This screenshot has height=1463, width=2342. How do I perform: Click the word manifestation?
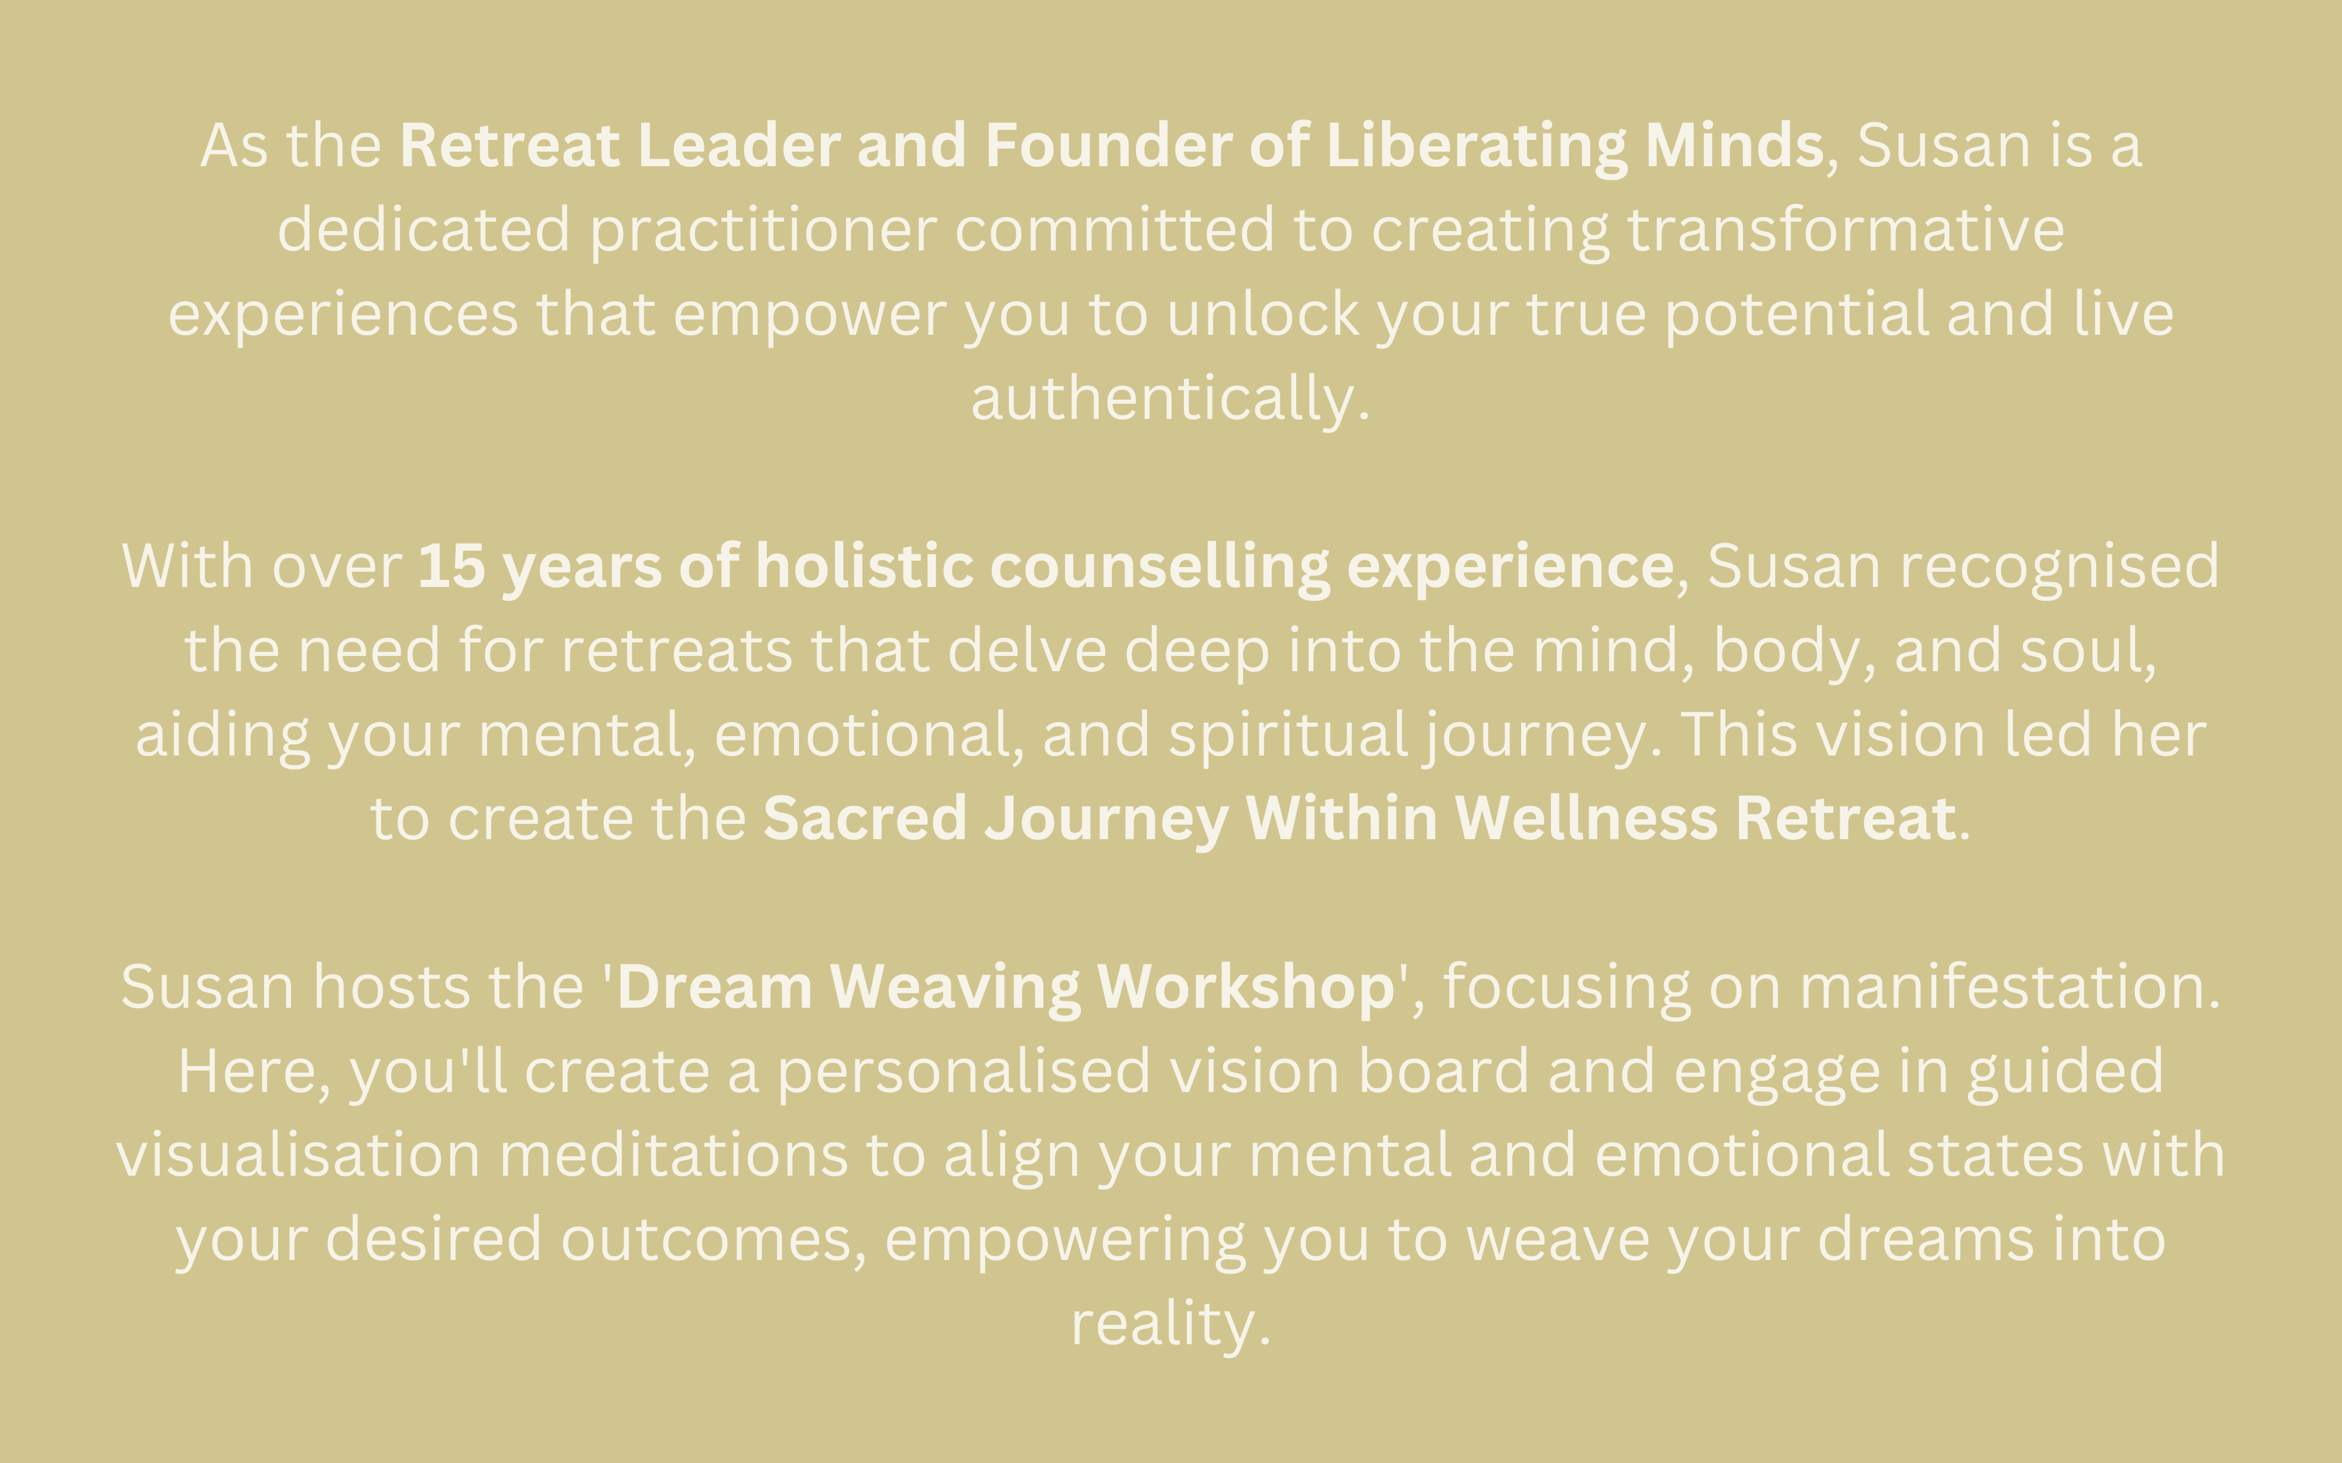2001,987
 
